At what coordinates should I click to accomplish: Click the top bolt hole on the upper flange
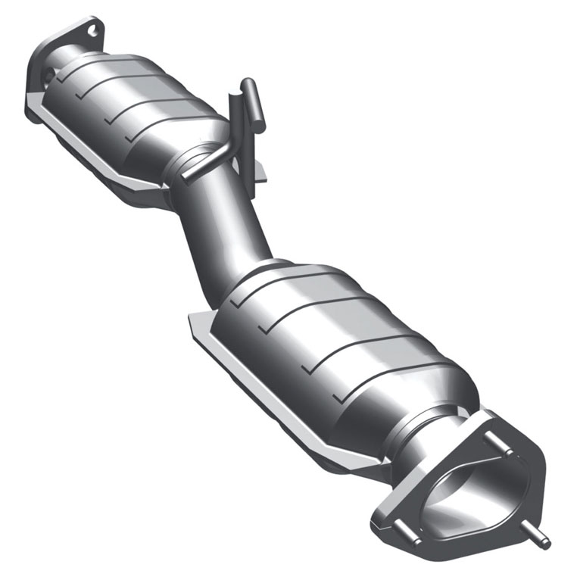click(91, 30)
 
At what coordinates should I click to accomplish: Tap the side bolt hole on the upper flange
click(47, 76)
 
